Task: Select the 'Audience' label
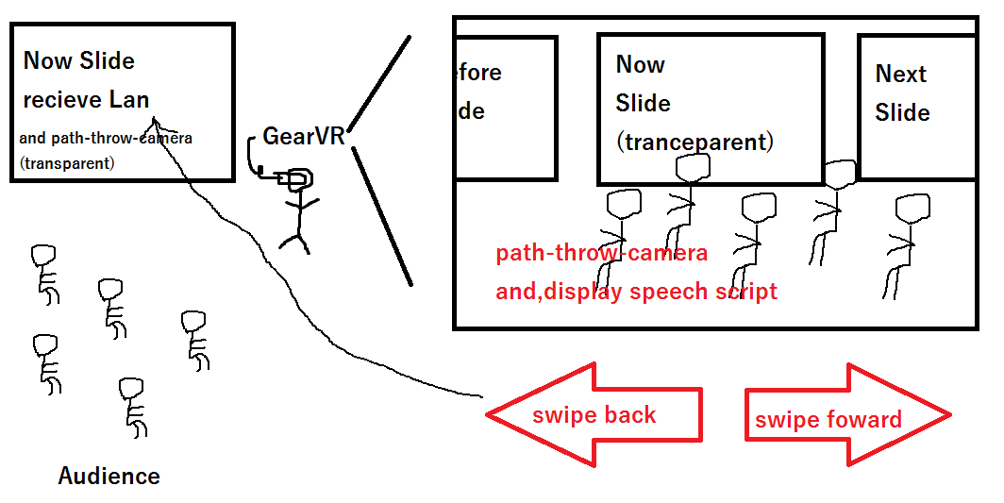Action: tap(109, 476)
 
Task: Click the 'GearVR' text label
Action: tap(304, 136)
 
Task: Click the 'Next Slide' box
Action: tap(916, 107)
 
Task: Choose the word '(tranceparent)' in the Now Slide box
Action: tap(694, 143)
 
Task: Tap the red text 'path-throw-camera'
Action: tap(602, 253)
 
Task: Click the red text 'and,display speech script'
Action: tap(637, 291)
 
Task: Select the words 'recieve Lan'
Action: tap(87, 99)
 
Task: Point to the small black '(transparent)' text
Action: tap(66, 163)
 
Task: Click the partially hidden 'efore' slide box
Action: tap(505, 108)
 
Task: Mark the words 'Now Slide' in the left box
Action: tap(79, 61)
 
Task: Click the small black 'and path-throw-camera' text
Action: tap(106, 138)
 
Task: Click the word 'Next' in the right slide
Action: tap(901, 74)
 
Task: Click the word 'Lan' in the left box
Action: tap(129, 99)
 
